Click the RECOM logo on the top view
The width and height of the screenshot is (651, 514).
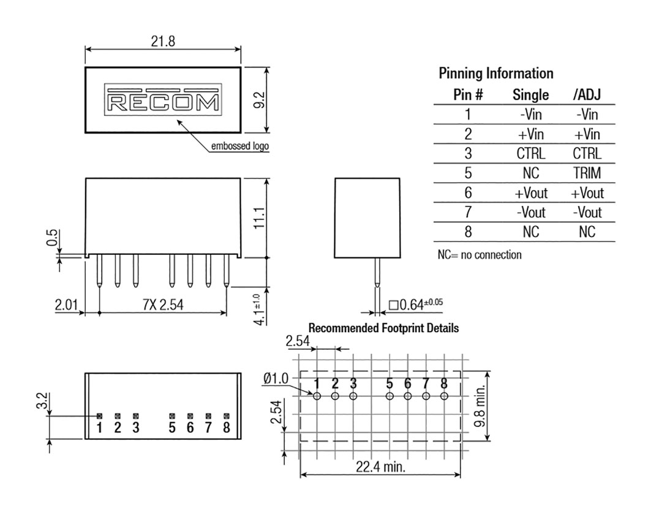tap(163, 100)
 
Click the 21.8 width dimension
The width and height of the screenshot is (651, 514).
tap(163, 41)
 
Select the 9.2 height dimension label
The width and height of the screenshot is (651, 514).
tap(259, 100)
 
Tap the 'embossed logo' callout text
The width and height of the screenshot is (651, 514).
tap(240, 146)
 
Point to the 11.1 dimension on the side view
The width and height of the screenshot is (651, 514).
tap(259, 217)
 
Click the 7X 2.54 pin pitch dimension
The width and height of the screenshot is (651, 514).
tap(163, 304)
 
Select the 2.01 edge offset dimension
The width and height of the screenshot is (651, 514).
tap(66, 304)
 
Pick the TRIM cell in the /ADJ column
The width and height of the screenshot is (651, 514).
tap(587, 173)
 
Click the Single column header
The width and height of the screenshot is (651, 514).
tap(530, 95)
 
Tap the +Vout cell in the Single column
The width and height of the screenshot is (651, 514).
tap(531, 192)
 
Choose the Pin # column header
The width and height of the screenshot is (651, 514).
tap(468, 95)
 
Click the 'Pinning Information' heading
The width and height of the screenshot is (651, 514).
tap(496, 74)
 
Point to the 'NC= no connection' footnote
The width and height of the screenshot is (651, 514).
tap(480, 254)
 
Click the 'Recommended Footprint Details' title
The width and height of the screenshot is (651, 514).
tap(383, 328)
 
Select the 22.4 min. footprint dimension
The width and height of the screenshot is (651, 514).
tap(380, 467)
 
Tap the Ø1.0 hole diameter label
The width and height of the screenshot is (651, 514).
tap(276, 378)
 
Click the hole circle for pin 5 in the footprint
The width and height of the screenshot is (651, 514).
tap(389, 396)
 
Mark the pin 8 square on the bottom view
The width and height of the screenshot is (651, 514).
tap(226, 415)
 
